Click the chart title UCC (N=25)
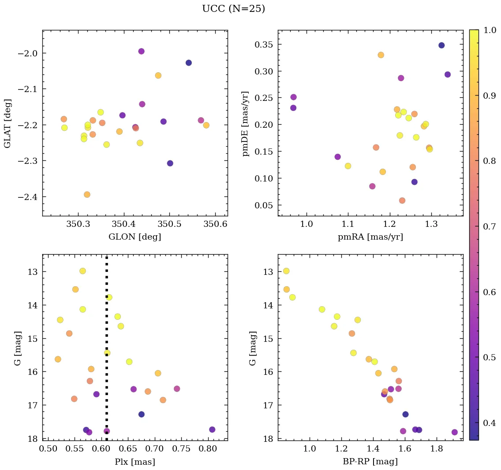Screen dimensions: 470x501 point(233,9)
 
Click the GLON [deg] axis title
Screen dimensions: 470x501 point(135,237)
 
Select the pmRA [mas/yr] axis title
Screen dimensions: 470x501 point(370,237)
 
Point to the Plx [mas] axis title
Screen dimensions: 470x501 point(135,462)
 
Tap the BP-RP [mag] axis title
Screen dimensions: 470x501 point(370,462)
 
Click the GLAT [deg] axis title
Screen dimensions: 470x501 point(7,123)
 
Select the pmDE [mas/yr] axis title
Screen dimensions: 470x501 point(246,123)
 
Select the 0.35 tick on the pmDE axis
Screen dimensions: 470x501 point(264,44)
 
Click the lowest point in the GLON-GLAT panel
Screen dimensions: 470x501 point(87,195)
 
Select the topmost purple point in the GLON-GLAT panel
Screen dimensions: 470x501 point(141,51)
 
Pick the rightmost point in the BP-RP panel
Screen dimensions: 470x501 point(455,432)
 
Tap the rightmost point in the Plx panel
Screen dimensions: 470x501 point(212,429)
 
